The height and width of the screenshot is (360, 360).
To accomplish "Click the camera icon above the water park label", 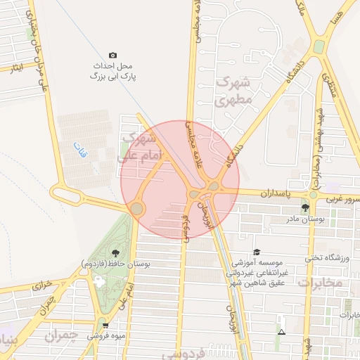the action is point(112,56).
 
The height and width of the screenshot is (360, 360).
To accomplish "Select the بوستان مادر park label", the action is point(304,219).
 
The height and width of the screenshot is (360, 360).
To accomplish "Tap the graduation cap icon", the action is point(256,252).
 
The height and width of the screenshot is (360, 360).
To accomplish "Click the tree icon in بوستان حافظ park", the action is point(115,253).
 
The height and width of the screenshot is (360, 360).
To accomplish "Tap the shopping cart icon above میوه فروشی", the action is point(105,326).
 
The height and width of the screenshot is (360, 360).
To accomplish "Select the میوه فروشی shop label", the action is point(103,336).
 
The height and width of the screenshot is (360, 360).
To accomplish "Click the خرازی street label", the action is point(41,286).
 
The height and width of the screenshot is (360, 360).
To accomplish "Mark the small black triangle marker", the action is point(281,331).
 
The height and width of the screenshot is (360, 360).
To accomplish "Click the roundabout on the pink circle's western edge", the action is point(136,208).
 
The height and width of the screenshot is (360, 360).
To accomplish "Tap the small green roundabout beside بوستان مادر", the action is point(313,195).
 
